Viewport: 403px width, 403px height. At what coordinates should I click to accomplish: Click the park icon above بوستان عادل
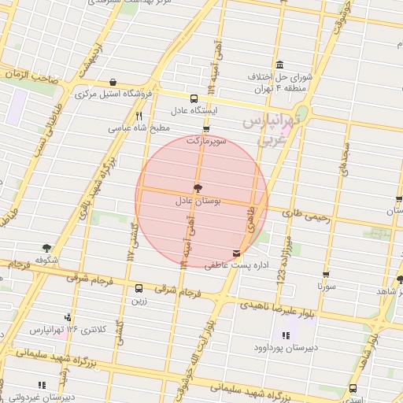(x=197, y=188)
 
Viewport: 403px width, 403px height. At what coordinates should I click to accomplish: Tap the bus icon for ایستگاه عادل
(x=194, y=98)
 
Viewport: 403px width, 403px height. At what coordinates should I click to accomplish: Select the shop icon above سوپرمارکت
(x=206, y=128)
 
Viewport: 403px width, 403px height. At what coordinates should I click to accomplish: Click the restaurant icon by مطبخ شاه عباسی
(x=139, y=115)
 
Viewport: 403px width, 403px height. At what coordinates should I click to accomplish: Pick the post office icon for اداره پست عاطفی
(x=236, y=253)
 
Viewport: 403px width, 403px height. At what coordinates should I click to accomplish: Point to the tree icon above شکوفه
(x=47, y=248)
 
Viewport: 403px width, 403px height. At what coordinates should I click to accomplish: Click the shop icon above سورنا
(x=326, y=275)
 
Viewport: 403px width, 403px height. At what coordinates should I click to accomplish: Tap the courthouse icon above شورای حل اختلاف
(x=279, y=65)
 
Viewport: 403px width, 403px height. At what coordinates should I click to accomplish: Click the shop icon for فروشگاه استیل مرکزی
(x=113, y=82)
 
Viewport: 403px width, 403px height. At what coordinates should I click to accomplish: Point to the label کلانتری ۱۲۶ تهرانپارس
(x=74, y=327)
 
